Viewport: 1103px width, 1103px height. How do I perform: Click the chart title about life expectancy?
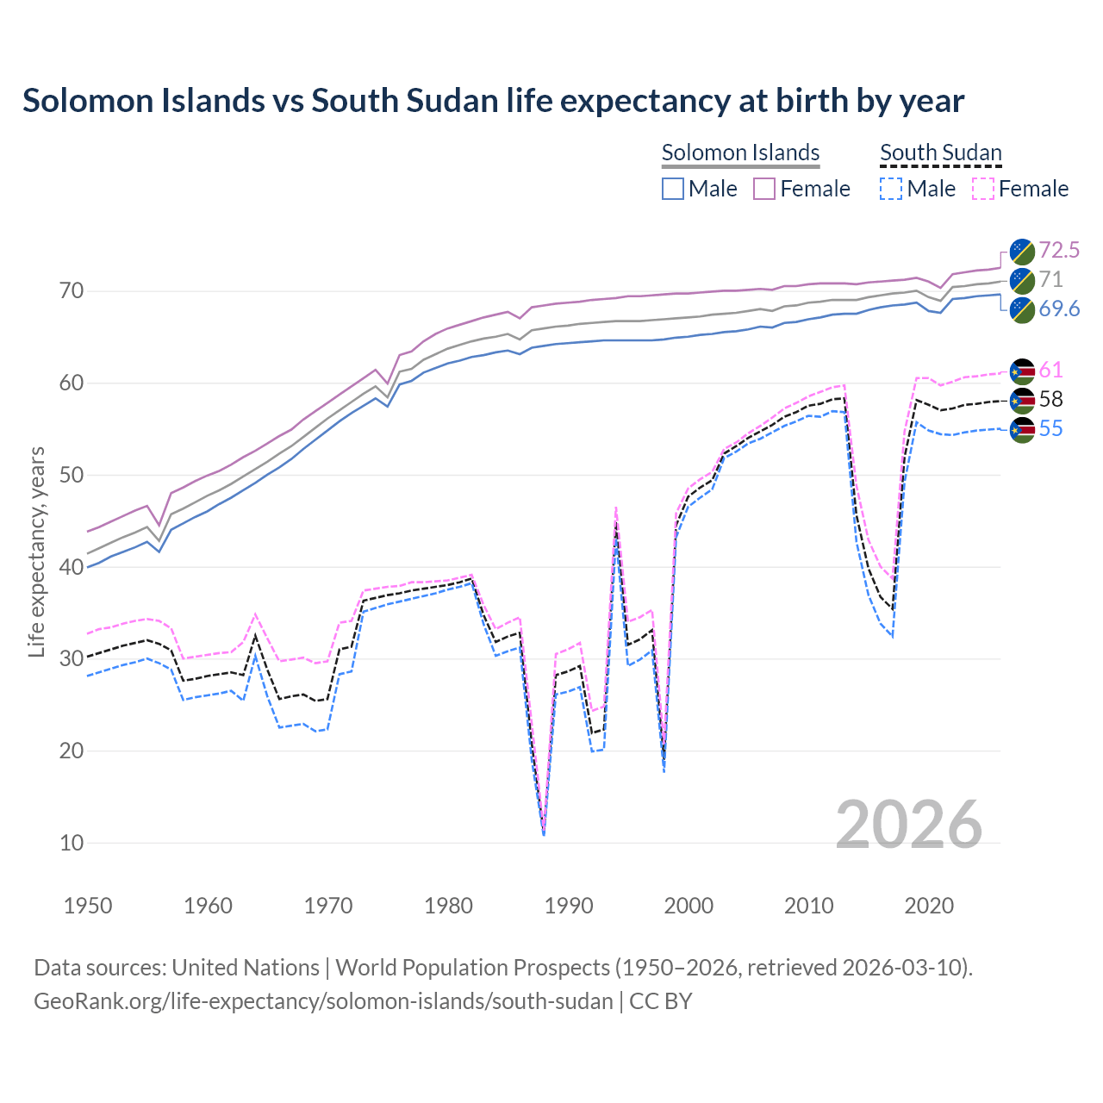click(x=493, y=101)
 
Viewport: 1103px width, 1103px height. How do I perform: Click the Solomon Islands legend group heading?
click(x=740, y=153)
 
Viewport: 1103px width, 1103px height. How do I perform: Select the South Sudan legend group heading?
click(x=940, y=153)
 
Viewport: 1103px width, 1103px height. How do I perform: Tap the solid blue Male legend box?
click(x=673, y=189)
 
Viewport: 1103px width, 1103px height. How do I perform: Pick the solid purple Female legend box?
click(x=764, y=189)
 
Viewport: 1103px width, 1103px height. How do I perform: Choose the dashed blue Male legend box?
click(x=891, y=189)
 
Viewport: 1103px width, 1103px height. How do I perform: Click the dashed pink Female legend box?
click(x=983, y=189)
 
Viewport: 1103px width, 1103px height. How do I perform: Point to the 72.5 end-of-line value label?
click(x=1059, y=250)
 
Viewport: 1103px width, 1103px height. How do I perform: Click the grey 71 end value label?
click(x=1050, y=279)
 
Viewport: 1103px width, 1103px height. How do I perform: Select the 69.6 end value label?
click(x=1059, y=308)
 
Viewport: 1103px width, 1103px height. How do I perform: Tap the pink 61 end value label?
click(x=1050, y=370)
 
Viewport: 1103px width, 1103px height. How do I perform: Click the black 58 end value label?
click(x=1050, y=399)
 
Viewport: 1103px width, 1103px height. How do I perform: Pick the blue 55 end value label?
click(x=1050, y=428)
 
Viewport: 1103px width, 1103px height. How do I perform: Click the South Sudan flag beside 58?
click(x=1022, y=399)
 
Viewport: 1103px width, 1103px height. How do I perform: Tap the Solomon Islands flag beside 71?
click(x=1022, y=279)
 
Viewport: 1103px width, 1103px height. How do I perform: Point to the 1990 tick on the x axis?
click(x=569, y=906)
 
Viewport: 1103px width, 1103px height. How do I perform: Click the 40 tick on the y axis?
click(x=72, y=567)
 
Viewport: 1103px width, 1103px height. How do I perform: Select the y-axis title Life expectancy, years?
click(x=37, y=551)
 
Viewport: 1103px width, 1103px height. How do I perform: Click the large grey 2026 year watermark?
click(x=908, y=825)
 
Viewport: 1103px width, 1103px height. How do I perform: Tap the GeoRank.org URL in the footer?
click(x=323, y=1001)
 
